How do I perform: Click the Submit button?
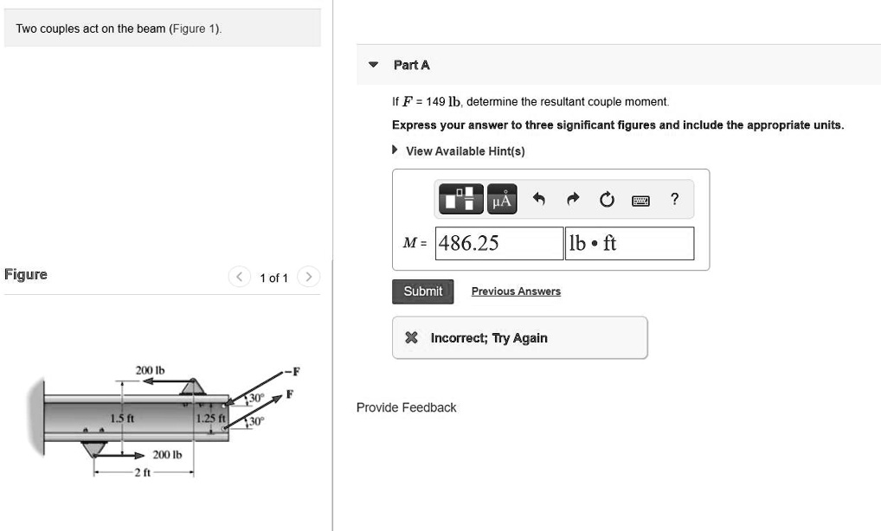click(x=422, y=291)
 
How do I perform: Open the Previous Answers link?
click(x=516, y=291)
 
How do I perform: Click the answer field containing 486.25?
click(x=498, y=243)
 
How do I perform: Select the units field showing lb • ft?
click(x=629, y=243)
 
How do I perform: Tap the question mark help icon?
click(x=675, y=200)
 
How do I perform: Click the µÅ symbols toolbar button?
click(x=502, y=200)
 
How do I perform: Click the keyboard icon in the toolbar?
click(x=640, y=201)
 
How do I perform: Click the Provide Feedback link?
click(x=406, y=407)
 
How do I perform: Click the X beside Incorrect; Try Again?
click(x=413, y=338)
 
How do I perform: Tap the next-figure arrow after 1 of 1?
click(x=308, y=278)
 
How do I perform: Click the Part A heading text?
click(x=411, y=65)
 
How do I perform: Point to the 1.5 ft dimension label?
click(x=121, y=419)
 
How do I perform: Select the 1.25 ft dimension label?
click(x=210, y=419)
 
